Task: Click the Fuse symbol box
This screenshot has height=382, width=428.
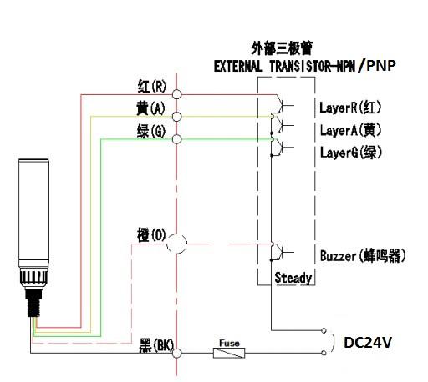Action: pyautogui.click(x=229, y=353)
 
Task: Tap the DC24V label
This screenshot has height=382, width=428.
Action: pyautogui.click(x=368, y=343)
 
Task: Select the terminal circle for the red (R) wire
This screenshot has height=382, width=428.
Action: pyautogui.click(x=176, y=94)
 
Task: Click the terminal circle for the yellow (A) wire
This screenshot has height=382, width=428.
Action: pyautogui.click(x=176, y=117)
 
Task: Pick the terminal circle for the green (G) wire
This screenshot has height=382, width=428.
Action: pyautogui.click(x=176, y=139)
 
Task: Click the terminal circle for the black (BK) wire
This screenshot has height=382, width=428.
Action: pyautogui.click(x=176, y=354)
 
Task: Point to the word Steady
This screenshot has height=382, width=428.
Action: pyautogui.click(x=293, y=278)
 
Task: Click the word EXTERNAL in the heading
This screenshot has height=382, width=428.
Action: pyautogui.click(x=238, y=67)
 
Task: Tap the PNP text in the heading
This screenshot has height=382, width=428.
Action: pyautogui.click(x=381, y=66)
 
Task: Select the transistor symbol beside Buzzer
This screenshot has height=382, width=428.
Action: pyautogui.click(x=282, y=252)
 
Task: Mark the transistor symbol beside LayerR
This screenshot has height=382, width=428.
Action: pyautogui.click(x=282, y=105)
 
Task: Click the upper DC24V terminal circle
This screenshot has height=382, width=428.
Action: pyautogui.click(x=324, y=330)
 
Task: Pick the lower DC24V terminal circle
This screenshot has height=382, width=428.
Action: pyautogui.click(x=324, y=353)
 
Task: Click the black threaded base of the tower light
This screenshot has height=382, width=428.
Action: pyautogui.click(x=34, y=303)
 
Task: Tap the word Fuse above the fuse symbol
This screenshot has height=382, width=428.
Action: pyautogui.click(x=229, y=344)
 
